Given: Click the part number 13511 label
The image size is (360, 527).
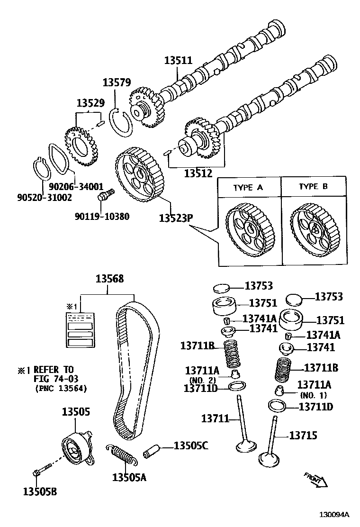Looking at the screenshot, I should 178,61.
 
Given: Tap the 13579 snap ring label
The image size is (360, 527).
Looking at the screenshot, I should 117,82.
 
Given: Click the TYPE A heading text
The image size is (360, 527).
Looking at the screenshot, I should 248,187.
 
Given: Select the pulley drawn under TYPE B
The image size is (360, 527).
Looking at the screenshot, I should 314,229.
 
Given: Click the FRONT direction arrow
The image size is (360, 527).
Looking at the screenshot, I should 315,479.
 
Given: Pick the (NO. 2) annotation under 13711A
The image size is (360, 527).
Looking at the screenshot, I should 202,380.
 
